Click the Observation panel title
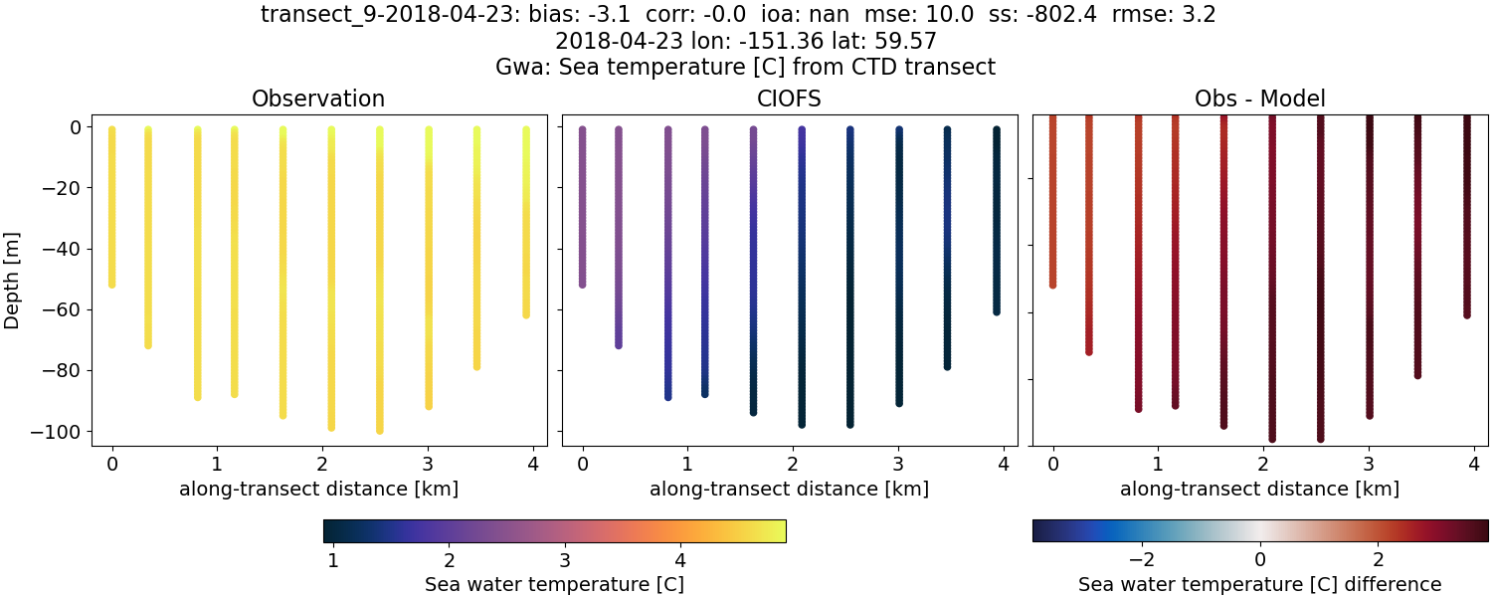[x=318, y=99]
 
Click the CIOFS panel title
[x=789, y=99]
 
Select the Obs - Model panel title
[x=1259, y=99]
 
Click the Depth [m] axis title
[x=13, y=280]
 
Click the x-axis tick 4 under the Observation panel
[x=533, y=464]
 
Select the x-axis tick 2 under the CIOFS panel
[x=793, y=464]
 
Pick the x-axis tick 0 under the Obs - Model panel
[x=1052, y=464]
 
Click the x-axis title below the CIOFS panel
[x=789, y=489]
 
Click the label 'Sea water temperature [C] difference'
[x=1259, y=584]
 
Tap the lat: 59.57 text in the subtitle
[x=882, y=42]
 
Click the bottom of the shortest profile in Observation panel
[x=111, y=285]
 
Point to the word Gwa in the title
[x=518, y=68]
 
